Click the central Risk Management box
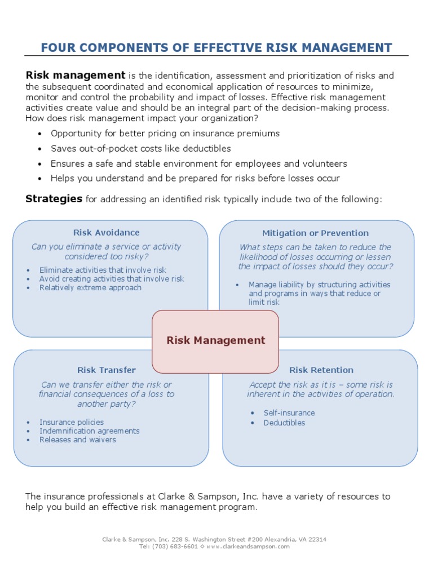coord(215,340)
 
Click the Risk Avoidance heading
coord(106,233)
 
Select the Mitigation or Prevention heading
coord(315,233)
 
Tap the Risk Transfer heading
coord(107,370)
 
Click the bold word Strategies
coord(54,199)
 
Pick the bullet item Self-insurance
coord(289,413)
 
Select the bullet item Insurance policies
coord(72,422)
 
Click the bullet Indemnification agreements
coord(90,431)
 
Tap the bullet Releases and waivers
coord(78,440)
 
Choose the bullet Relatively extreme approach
coord(90,288)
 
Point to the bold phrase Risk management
coord(76,76)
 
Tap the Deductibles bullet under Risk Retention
coord(284,423)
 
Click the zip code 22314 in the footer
coord(316,539)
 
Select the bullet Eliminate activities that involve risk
coord(103,270)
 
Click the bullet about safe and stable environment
coord(198,164)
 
